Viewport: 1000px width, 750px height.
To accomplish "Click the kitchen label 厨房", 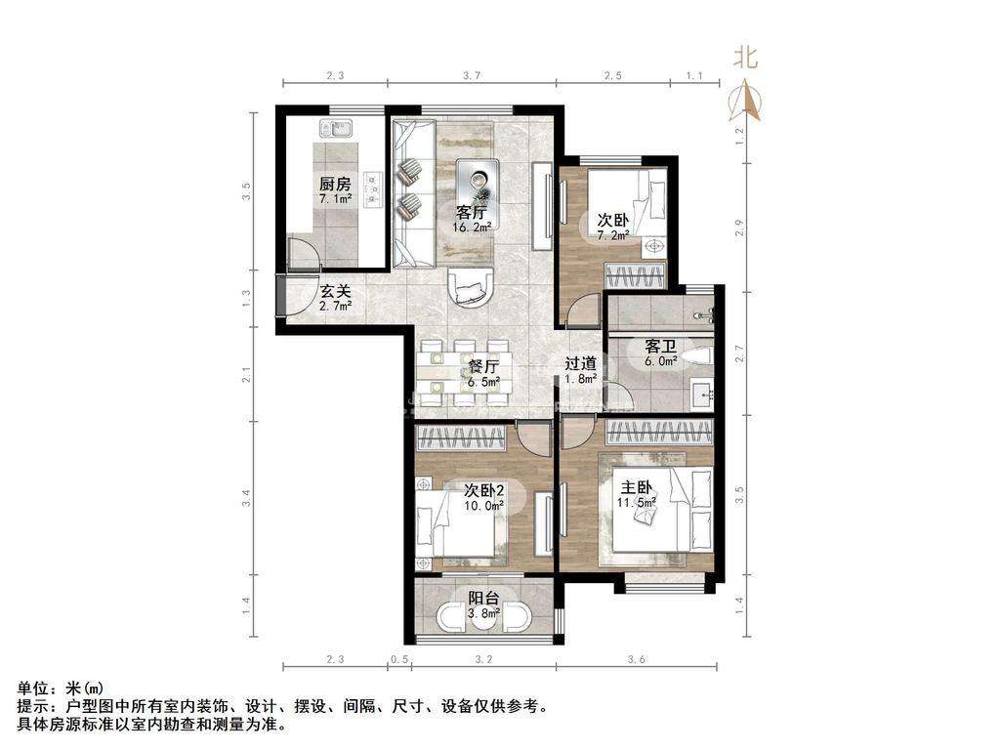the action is (x=335, y=185).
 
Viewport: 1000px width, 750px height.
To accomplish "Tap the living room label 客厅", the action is (x=471, y=212).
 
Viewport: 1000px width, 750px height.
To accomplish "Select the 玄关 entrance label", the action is (x=336, y=292).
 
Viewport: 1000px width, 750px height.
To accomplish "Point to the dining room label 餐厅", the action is (x=483, y=367).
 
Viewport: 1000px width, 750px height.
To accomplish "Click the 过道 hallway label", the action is (x=580, y=363).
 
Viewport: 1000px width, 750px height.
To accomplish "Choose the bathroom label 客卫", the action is (x=660, y=347).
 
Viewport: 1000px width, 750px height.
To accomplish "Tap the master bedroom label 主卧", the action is (x=637, y=488).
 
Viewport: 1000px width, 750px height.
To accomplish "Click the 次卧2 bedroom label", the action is (x=484, y=491).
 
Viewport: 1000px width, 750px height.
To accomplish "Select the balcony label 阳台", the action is (x=483, y=599).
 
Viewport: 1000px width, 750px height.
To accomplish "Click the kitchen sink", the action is (x=336, y=130).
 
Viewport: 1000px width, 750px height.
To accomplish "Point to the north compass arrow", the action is (x=745, y=101).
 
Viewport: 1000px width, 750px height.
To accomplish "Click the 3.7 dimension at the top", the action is (x=471, y=76).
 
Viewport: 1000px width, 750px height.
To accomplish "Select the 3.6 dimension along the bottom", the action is (x=636, y=659).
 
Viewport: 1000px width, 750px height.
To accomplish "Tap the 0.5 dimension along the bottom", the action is (x=399, y=659).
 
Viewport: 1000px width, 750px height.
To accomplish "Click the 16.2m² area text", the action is (x=472, y=227).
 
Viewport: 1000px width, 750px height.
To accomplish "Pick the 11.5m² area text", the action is (x=637, y=503).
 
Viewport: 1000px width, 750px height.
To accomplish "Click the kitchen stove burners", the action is (x=373, y=189).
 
